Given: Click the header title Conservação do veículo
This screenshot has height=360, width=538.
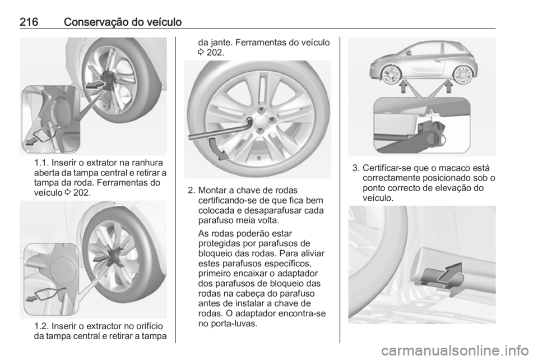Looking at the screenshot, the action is coord(124,22).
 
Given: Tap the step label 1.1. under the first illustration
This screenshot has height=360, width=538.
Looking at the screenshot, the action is coord(40,163).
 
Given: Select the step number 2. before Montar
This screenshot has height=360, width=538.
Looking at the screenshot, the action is coord(191,190).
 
